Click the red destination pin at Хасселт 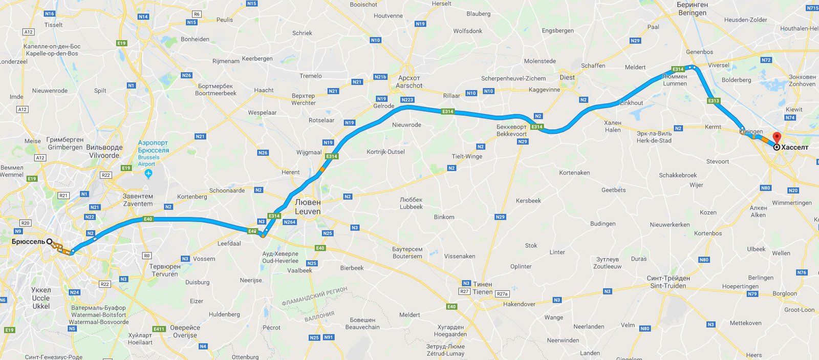(x=777, y=138)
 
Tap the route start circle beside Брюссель (x=50, y=241)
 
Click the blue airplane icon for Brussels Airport (x=148, y=174)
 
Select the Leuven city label (x=308, y=211)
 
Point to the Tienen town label (x=482, y=292)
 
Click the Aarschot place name (x=409, y=86)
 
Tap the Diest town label (x=567, y=77)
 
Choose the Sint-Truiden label (x=668, y=286)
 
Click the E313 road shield (x=714, y=101)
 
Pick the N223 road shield (x=407, y=100)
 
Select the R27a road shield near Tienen (x=503, y=294)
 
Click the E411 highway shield (x=159, y=329)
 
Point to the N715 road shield (x=812, y=8)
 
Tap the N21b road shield (x=380, y=77)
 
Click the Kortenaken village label (x=574, y=173)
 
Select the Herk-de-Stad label (x=654, y=140)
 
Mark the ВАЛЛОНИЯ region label (x=319, y=316)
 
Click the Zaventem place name (x=138, y=204)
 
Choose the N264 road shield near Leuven (x=290, y=222)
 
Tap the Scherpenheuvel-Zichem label (x=513, y=78)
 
